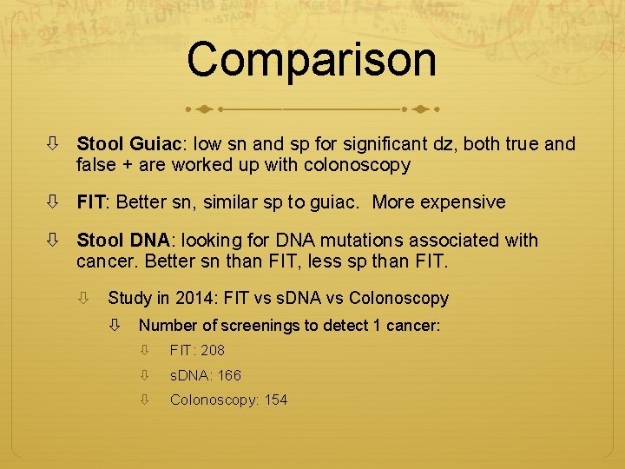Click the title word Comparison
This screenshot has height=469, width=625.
click(312, 59)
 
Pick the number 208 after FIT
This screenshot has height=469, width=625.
click(212, 351)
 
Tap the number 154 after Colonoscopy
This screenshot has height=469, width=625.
click(275, 400)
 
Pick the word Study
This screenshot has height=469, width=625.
click(129, 299)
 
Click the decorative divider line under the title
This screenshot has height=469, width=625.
click(312, 110)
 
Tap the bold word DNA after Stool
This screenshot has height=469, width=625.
click(150, 241)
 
